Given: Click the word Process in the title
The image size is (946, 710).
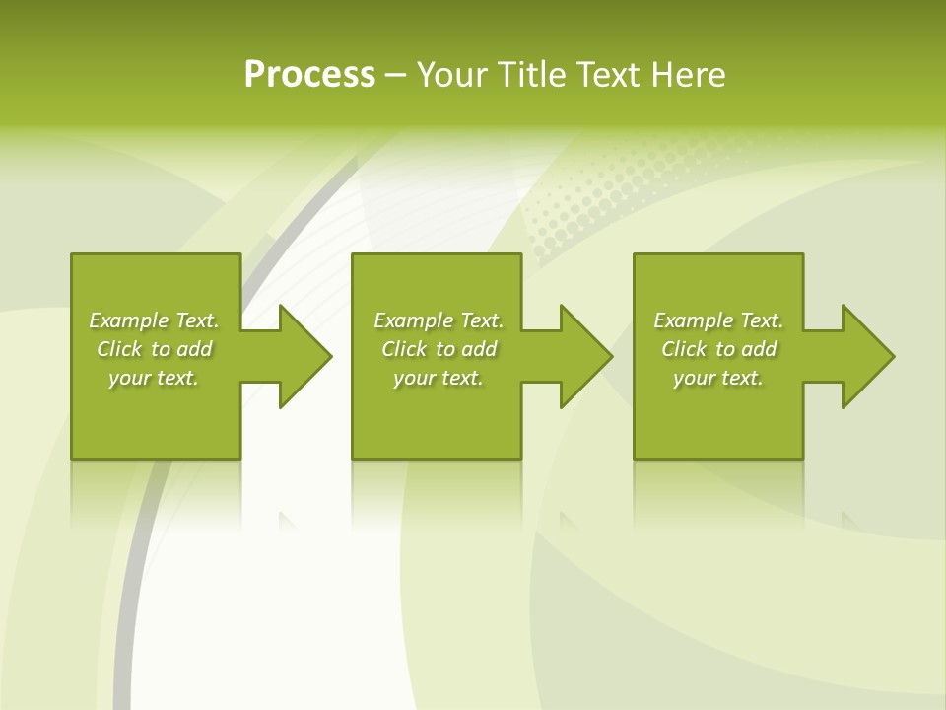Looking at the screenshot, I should coord(309,75).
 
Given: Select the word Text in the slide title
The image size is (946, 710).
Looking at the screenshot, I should coord(608,75).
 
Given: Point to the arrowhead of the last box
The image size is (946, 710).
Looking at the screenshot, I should coord(866,356).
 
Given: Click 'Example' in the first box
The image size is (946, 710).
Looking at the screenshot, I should coord(129,320).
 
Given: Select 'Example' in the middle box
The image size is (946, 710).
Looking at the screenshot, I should coord(414,320).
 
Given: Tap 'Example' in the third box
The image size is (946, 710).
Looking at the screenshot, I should coord(694,320).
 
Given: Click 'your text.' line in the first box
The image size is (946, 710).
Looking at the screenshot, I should coord(154,378).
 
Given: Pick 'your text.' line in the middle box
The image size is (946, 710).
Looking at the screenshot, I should coord(439,378).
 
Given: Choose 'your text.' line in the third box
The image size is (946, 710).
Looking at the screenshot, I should coord(718,378).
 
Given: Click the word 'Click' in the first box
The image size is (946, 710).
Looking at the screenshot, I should coord(119,349).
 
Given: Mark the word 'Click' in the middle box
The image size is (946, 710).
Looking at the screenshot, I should coord(404,349).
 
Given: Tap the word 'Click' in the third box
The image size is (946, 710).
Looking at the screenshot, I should coord(684,349).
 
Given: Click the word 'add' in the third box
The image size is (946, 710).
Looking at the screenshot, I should coord(760,349).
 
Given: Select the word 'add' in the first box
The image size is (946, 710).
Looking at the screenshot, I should coord(195,349).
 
